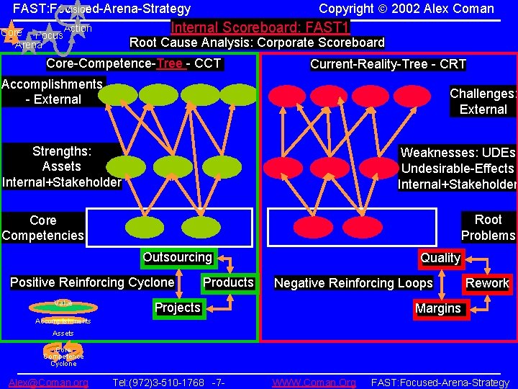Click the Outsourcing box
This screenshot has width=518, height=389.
pos(178,257)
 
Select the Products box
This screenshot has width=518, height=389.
pos(228,282)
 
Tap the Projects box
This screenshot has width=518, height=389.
pos(178,308)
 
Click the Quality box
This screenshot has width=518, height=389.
pos(440,258)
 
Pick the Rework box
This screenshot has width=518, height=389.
pos(487,283)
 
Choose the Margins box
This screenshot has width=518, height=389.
pos(438,308)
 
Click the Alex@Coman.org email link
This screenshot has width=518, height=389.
pos(48,383)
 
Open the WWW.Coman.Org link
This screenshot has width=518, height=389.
pos(314,383)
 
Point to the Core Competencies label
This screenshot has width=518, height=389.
pos(42,228)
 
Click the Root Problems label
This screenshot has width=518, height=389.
pos(488,228)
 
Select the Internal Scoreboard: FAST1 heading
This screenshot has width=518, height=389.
pos(260,28)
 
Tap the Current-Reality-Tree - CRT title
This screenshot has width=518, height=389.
pos(388,64)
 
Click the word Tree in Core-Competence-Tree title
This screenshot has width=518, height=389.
pos(170,63)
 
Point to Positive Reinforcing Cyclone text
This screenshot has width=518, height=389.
pos(92,282)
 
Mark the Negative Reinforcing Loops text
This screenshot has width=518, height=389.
pos(353,283)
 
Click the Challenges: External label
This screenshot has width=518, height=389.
pos(483,102)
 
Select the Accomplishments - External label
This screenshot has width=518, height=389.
pos(53,91)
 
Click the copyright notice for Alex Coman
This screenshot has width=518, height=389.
pos(406,9)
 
